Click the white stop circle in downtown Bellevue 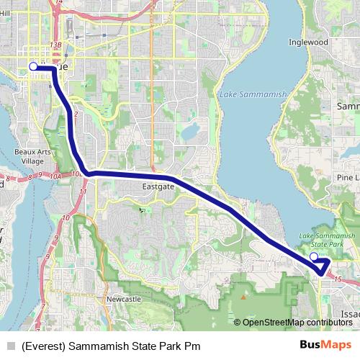pos(33,67)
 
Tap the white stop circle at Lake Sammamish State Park pos(313,256)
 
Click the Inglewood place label pos(308,42)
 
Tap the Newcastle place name pos(123,298)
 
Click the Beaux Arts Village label pos(29,156)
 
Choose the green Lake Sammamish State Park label pos(327,240)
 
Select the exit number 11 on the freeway pos(84,192)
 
